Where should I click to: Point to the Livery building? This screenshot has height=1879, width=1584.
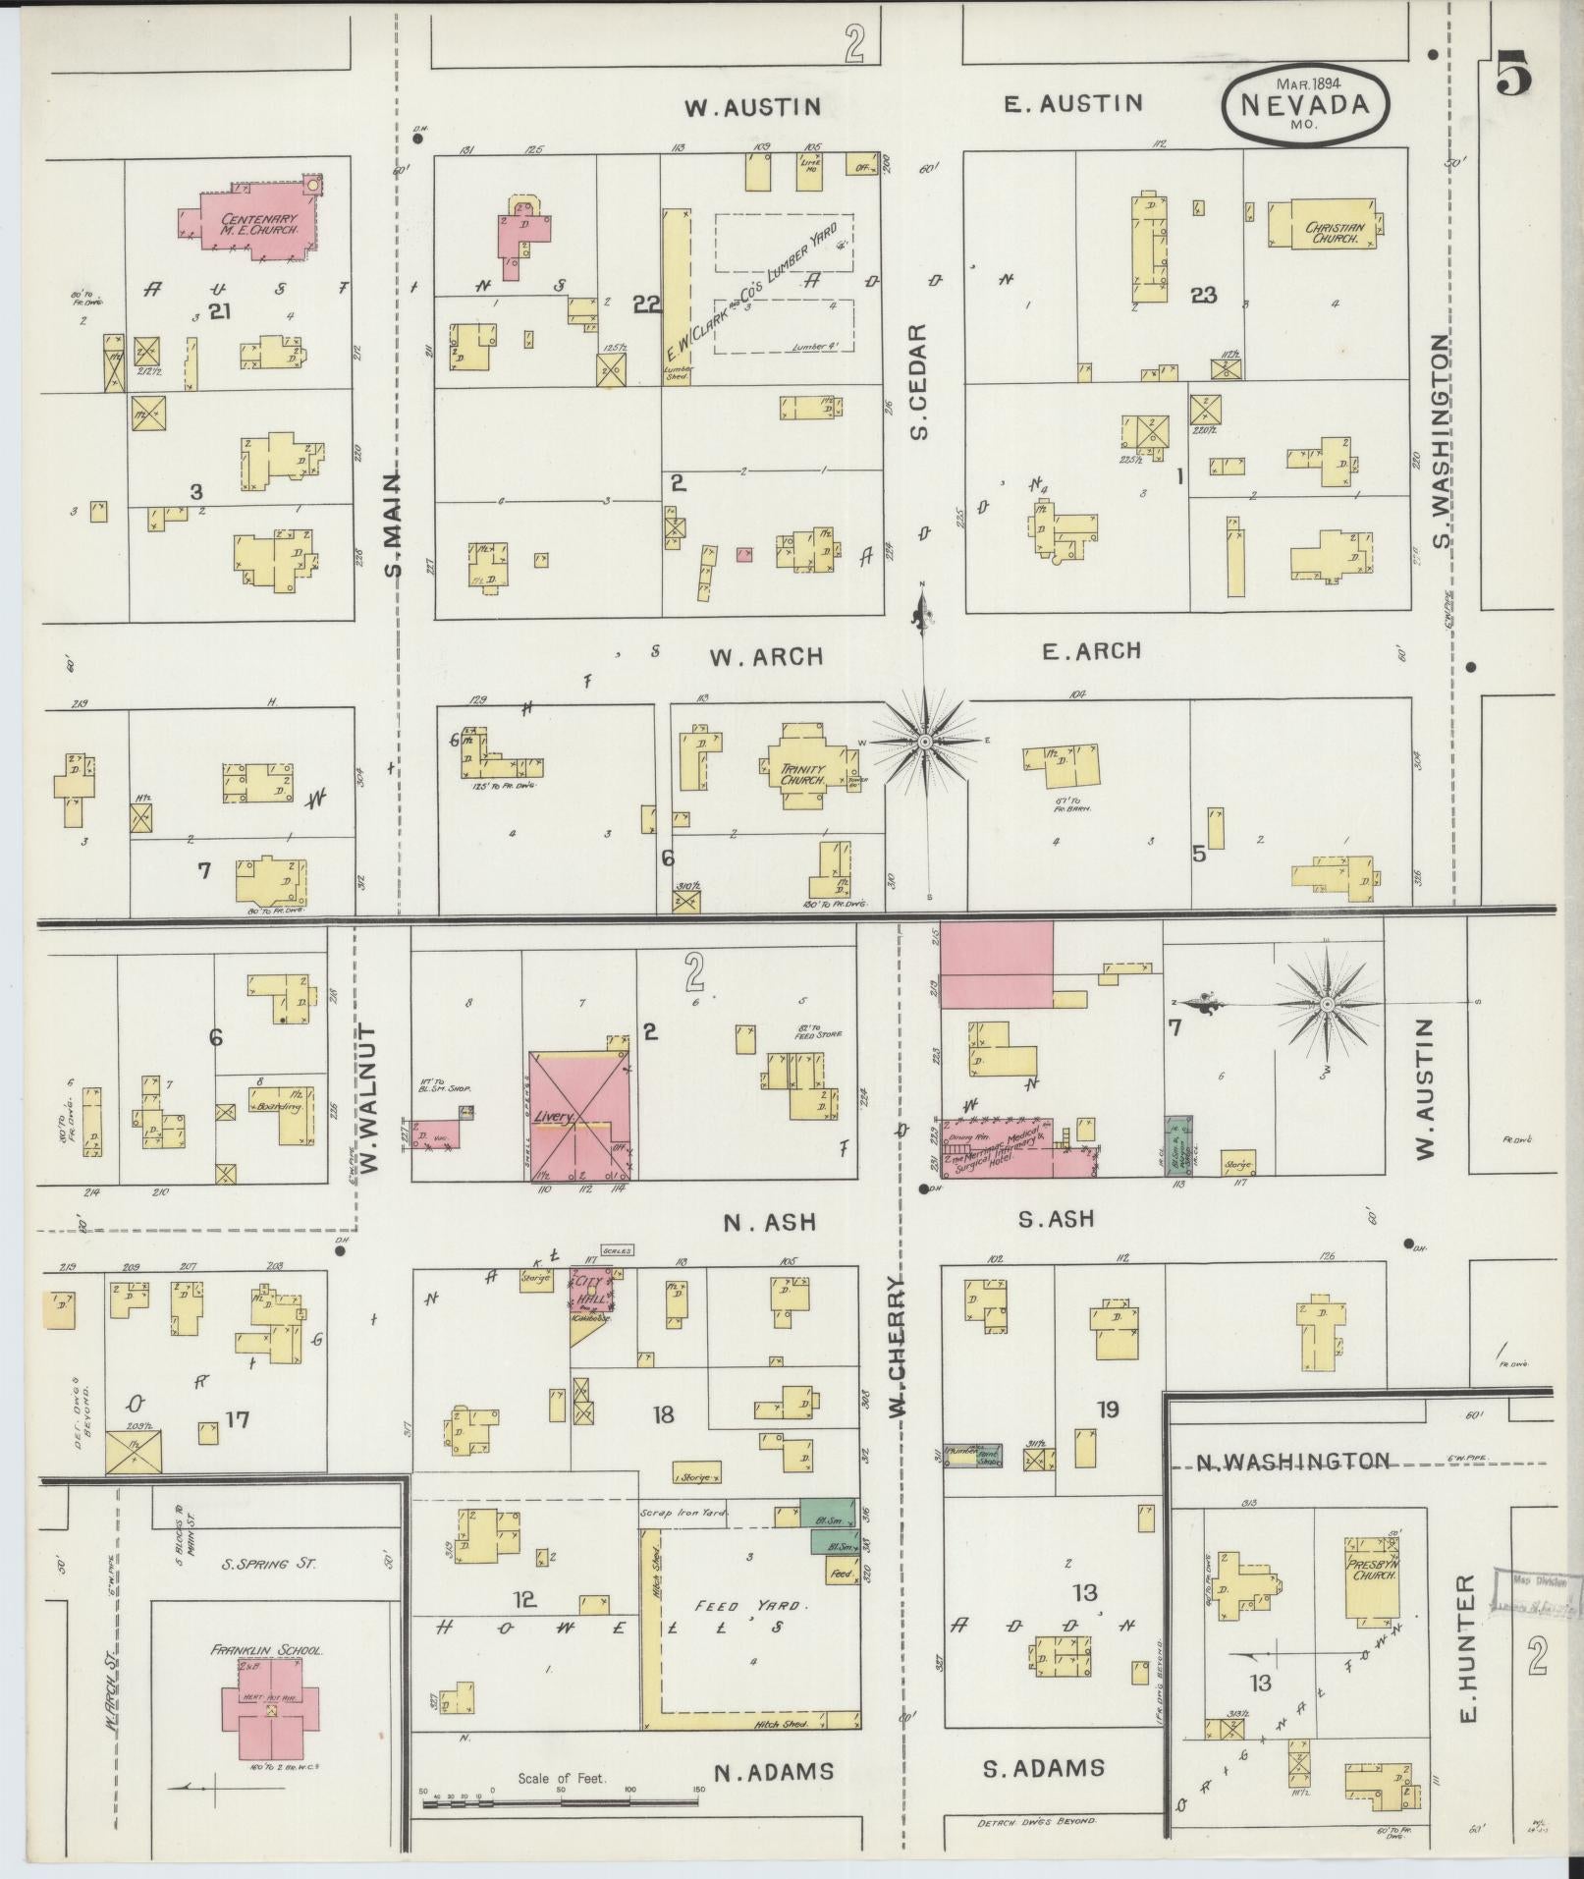pos(579,1116)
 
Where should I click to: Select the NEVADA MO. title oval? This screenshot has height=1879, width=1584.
pos(1305,106)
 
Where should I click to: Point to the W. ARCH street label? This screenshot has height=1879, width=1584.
pos(767,657)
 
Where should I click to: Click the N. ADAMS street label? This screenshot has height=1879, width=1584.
pos(774,1772)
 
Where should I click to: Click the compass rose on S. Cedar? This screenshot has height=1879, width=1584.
pos(923,744)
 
